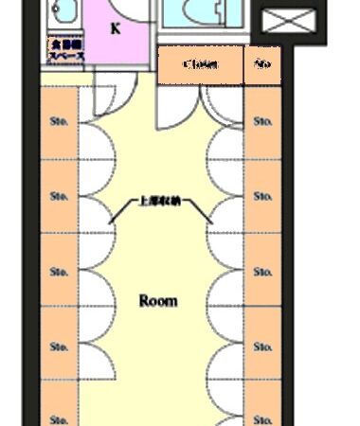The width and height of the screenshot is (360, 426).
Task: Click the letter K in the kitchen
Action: pos(116,27)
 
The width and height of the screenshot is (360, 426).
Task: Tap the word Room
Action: pos(158,301)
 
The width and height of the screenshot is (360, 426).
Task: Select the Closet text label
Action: pos(200,65)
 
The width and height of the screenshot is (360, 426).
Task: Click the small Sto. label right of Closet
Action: pos(261,65)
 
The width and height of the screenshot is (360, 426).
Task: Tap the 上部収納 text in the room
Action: pos(158,202)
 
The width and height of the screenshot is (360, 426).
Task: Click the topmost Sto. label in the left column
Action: pos(58,122)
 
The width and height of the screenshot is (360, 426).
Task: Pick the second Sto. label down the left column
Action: pos(58,197)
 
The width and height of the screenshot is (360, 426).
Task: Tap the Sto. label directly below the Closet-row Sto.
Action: pos(262,122)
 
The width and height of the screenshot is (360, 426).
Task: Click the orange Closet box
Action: pos(200,65)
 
